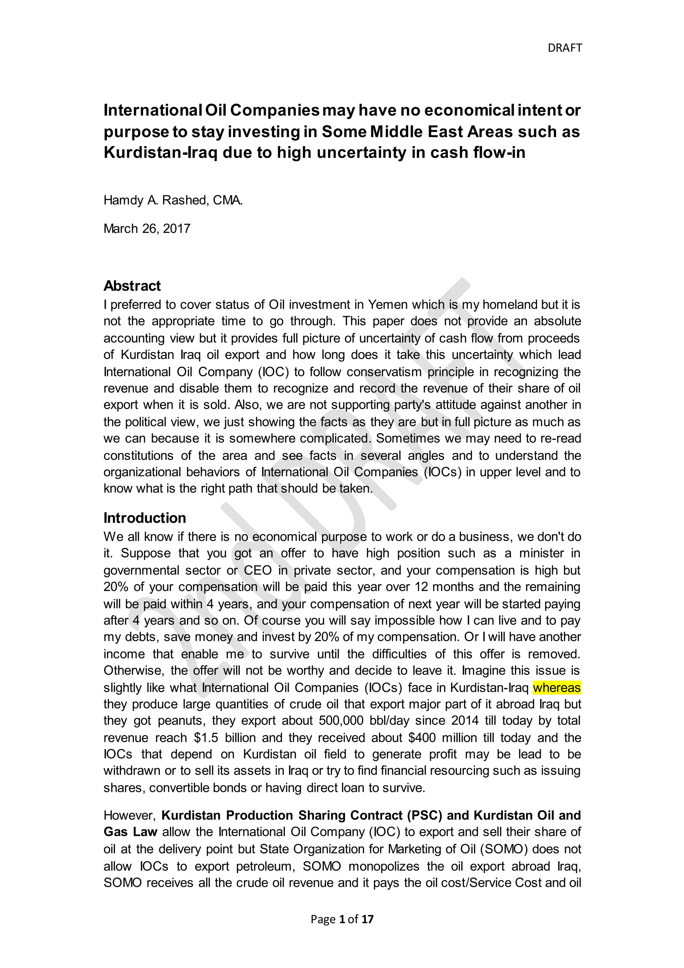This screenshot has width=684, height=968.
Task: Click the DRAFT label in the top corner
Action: [564, 48]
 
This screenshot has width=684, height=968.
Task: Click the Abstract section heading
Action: [132, 286]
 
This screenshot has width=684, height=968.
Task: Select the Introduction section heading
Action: [145, 518]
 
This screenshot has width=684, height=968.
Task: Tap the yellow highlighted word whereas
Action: [556, 688]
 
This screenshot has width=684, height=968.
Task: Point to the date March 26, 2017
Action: [147, 229]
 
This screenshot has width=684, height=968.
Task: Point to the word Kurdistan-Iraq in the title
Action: [160, 152]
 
